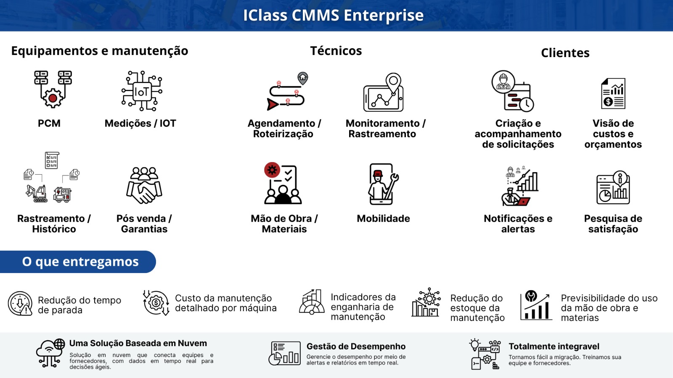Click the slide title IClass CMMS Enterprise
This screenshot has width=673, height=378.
click(333, 15)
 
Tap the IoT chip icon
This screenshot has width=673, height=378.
click(142, 91)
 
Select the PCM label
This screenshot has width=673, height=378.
click(49, 123)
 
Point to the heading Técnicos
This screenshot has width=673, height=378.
click(336, 51)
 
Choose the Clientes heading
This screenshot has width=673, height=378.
click(565, 53)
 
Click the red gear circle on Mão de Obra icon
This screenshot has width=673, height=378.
click(272, 170)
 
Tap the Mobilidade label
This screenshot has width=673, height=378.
click(383, 218)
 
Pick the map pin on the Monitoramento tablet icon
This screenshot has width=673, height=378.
click(393, 82)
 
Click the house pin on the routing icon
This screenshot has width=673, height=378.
click(303, 78)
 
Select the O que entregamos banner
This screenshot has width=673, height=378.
click(78, 262)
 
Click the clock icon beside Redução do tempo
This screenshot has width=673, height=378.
click(20, 304)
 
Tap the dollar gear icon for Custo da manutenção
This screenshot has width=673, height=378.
click(156, 303)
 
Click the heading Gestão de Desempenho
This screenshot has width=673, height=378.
click(356, 346)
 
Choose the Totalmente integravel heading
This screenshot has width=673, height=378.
click(554, 346)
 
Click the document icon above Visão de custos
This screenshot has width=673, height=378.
click(613, 93)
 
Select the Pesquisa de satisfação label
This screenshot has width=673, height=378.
click(613, 224)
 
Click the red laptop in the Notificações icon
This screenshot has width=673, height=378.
click(523, 202)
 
